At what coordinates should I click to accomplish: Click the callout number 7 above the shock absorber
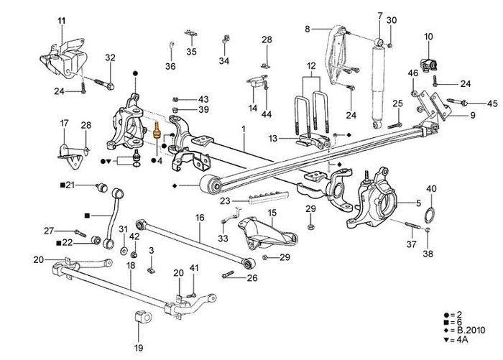(380, 16)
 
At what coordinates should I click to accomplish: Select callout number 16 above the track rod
(200, 216)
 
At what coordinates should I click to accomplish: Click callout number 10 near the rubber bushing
(428, 36)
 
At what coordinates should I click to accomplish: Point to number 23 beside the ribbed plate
(224, 201)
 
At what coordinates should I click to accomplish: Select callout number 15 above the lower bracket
(272, 213)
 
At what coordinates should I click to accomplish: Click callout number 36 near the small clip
(170, 66)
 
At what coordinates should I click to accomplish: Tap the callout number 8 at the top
(307, 29)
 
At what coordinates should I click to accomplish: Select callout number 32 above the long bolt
(110, 57)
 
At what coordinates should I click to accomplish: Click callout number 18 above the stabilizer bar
(131, 265)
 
